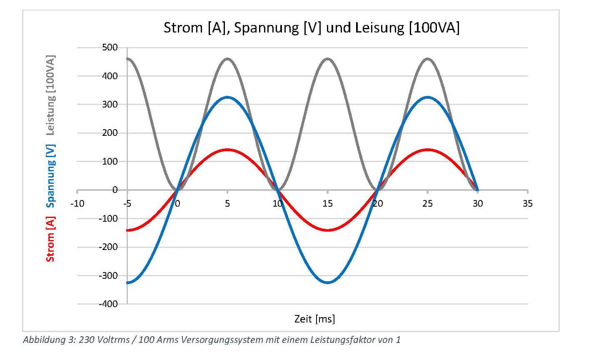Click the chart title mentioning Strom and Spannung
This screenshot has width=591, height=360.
click(x=311, y=28)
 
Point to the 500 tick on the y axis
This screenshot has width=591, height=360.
click(x=110, y=47)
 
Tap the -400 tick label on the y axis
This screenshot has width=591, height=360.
click(x=109, y=304)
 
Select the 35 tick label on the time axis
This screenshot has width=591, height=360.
click(x=527, y=203)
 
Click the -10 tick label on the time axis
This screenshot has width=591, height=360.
click(x=77, y=203)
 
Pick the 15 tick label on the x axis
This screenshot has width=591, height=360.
click(x=328, y=203)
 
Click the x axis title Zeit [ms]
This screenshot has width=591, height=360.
click(x=314, y=319)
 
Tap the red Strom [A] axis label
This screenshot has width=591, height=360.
click(x=50, y=238)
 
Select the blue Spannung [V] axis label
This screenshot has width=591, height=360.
click(x=50, y=176)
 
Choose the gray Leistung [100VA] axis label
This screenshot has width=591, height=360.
click(x=50, y=95)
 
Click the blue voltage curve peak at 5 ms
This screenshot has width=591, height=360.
click(x=227, y=97)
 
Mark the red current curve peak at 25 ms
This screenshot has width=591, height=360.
click(x=427, y=149)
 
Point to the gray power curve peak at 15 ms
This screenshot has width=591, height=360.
click(x=328, y=59)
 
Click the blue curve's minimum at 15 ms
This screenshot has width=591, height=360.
click(x=328, y=282)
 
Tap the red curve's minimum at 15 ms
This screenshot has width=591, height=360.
click(x=328, y=230)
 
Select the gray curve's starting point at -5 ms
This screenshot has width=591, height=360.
click(x=128, y=59)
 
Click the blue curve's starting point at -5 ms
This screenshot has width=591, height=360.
click(x=128, y=282)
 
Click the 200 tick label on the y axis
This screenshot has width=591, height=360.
click(x=110, y=133)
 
